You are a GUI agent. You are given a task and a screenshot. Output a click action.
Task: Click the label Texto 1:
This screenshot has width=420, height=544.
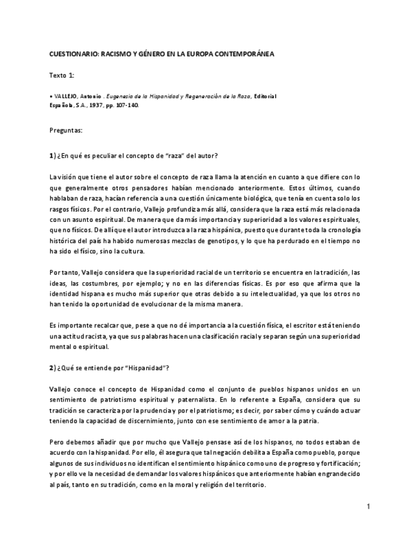coord(62,75)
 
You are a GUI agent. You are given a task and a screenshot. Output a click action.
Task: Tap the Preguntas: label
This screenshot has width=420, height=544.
coord(66,130)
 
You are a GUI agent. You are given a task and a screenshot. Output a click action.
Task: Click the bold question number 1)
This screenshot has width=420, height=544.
coord(53,157)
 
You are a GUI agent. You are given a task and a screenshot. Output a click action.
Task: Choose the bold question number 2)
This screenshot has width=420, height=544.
coord(53,368)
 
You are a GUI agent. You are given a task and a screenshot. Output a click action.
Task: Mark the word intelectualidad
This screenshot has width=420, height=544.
coord(271,294)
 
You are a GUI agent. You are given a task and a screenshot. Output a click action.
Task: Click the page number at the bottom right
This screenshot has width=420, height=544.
coord(369,507)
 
